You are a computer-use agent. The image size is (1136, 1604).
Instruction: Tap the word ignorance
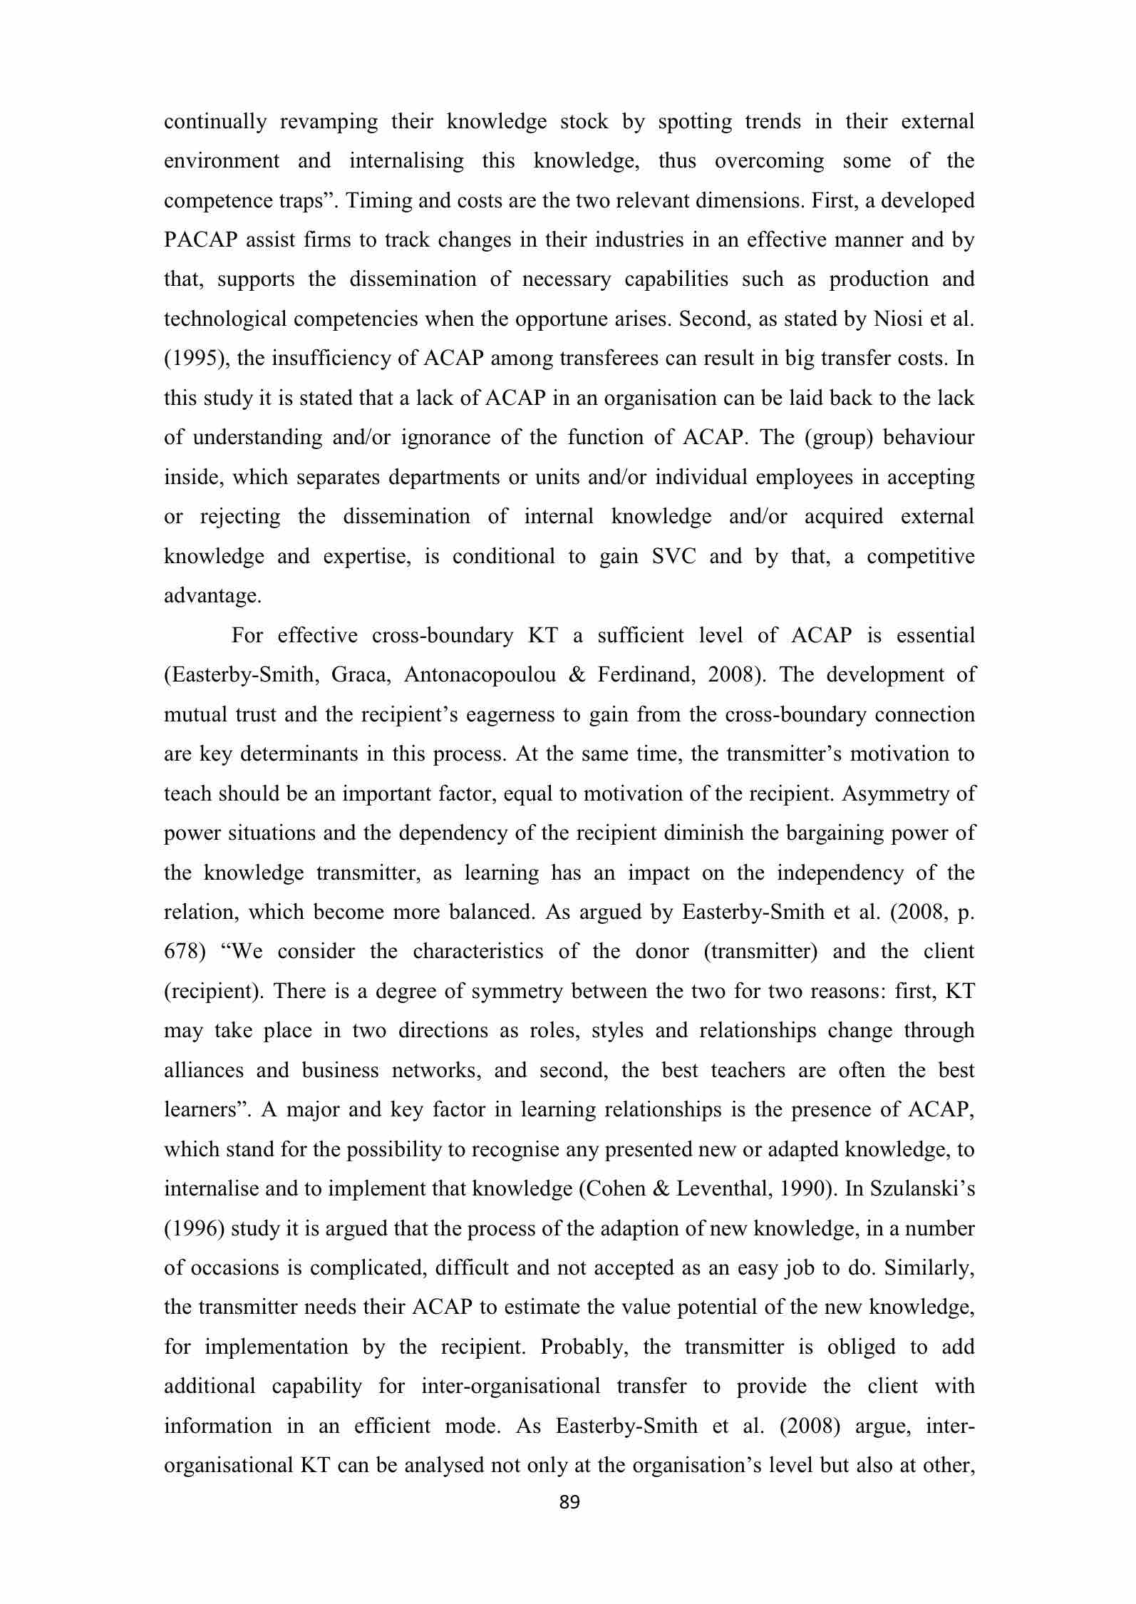(x=445, y=438)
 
